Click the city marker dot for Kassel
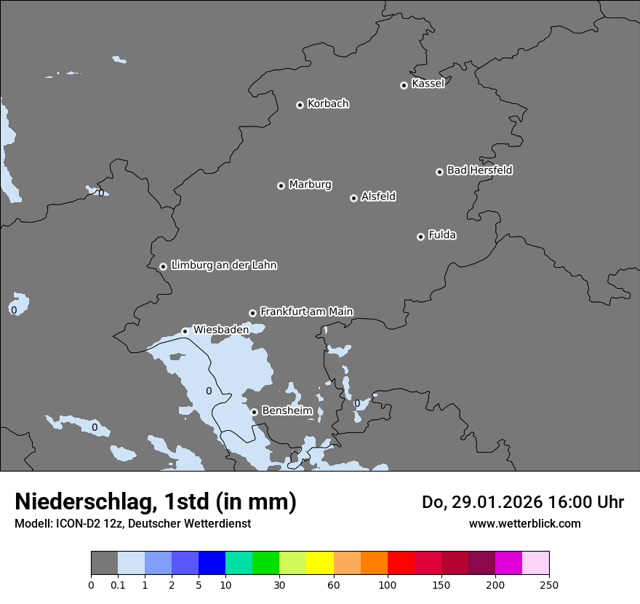[404, 85]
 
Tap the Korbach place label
[328, 103]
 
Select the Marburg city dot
[281, 186]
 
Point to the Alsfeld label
[378, 196]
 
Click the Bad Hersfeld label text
[479, 170]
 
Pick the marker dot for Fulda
[420, 237]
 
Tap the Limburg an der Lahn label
[223, 266]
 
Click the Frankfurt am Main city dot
[252, 313]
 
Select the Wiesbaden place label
[220, 330]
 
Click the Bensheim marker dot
[254, 412]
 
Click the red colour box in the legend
[401, 563]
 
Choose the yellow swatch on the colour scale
[320, 563]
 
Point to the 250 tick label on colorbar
[549, 584]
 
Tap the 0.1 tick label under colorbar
[118, 584]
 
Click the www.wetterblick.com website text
[524, 523]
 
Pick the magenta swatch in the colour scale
[508, 563]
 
